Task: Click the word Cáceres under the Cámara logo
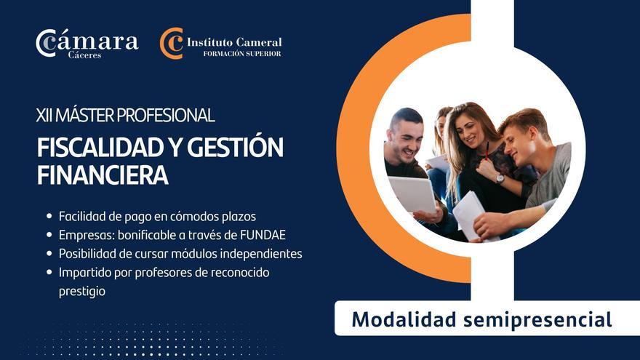pyautogui.click(x=85, y=55)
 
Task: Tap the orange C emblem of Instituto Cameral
pyautogui.click(x=172, y=43)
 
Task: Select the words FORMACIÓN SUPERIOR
pyautogui.click(x=242, y=54)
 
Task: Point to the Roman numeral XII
pyautogui.click(x=46, y=115)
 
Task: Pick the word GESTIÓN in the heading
pyautogui.click(x=236, y=148)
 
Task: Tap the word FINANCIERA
pyautogui.click(x=103, y=175)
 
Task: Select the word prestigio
pyautogui.click(x=82, y=291)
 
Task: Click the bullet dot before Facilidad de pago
pyautogui.click(x=49, y=216)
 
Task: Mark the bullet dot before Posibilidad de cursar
pyautogui.click(x=49, y=254)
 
